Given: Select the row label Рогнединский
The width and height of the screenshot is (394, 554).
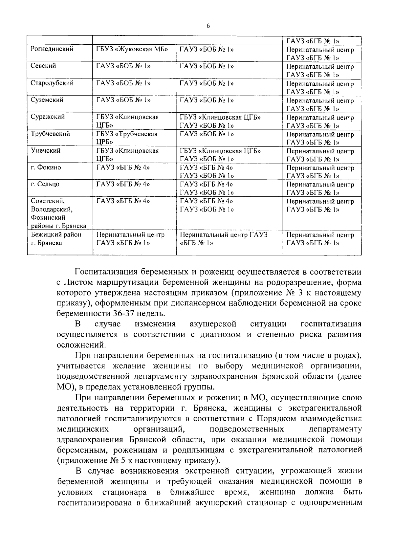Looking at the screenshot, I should (x=52, y=49).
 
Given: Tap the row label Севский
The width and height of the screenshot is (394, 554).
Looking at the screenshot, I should (x=43, y=66).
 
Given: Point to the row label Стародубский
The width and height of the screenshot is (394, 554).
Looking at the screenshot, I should (x=52, y=83).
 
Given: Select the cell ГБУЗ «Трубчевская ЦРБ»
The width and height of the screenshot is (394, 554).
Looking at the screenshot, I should (x=127, y=138).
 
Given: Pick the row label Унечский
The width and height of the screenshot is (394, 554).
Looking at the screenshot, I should (x=46, y=151).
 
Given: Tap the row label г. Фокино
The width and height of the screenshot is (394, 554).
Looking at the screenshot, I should (x=46, y=167).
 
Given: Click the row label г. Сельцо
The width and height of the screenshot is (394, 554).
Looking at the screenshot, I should (x=45, y=184).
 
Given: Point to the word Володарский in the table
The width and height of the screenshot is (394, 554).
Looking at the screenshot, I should (x=52, y=209).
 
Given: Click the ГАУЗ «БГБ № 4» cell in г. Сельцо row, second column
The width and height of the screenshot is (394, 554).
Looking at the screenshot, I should (x=123, y=184).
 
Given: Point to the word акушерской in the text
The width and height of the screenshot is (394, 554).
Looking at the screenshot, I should (x=213, y=324).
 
